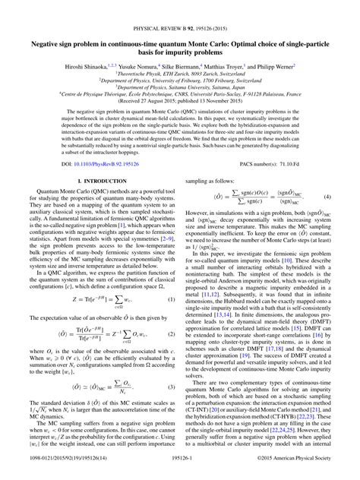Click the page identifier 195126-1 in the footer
coord(180,471)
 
